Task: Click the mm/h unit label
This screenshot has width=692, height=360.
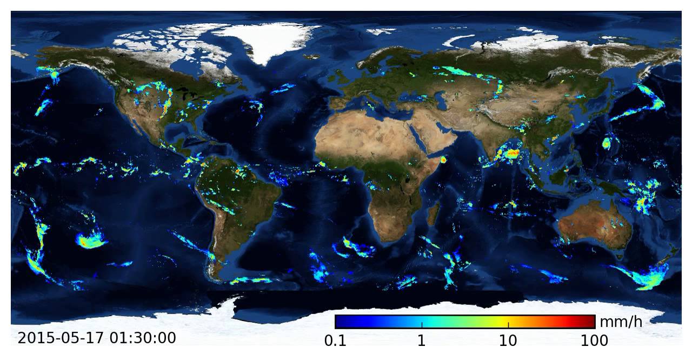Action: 621,322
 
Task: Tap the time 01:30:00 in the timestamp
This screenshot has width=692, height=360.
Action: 143,338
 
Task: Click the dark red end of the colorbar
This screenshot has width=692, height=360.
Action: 591,322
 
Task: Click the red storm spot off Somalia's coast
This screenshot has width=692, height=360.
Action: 444,159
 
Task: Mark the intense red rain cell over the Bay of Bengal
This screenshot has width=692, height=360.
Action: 511,155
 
